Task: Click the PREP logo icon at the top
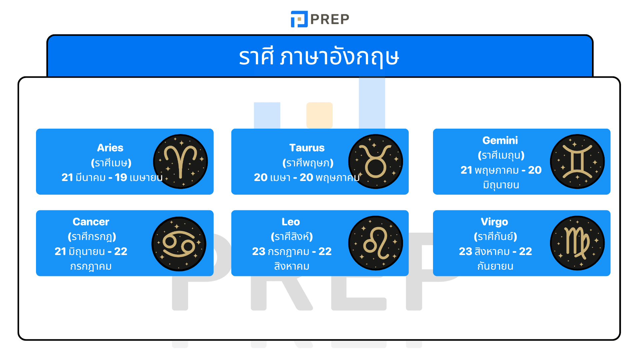point(299,19)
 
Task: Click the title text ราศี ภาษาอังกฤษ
point(319,57)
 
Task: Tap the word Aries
point(110,148)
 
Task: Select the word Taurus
point(307,148)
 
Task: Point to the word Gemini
point(500,140)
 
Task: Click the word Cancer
point(91,222)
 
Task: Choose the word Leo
point(291,222)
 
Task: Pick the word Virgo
point(494,222)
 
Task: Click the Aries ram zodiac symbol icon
point(180,162)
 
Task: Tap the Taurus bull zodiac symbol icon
point(376,162)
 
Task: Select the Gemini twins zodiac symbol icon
point(577,162)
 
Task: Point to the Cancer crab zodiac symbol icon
point(179,244)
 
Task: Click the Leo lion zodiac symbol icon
point(376,243)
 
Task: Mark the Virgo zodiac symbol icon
point(577,243)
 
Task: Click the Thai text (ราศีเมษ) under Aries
point(111,163)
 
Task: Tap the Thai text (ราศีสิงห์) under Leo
point(292,236)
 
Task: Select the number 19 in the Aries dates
point(121,177)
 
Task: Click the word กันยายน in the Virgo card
point(495,266)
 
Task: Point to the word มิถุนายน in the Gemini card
point(501,185)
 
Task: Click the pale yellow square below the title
point(319,115)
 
